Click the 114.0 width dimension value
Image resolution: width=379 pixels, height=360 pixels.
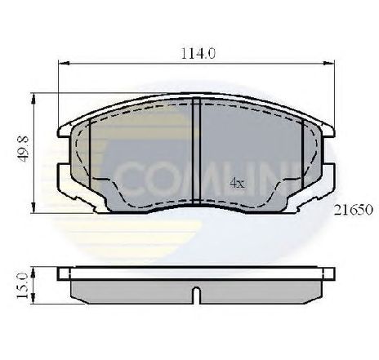coord(198,53)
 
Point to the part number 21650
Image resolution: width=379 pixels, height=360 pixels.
coord(353,210)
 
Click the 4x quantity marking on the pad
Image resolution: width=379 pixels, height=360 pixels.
coord(237,183)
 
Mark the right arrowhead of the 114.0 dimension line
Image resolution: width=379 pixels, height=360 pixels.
coord(329,64)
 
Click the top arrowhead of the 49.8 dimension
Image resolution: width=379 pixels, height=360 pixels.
coord(33,99)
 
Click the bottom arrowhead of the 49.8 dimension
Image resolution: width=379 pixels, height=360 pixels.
coord(33,207)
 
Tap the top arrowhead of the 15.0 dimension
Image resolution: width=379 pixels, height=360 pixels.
coord(33,273)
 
